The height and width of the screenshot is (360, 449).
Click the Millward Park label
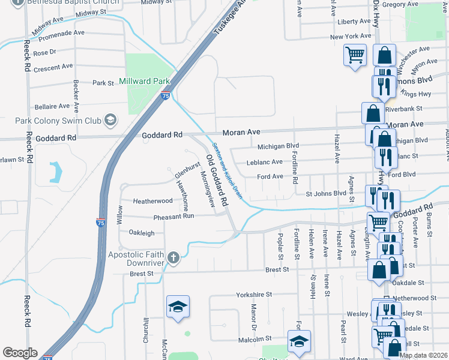pyautogui.click(x=145, y=81)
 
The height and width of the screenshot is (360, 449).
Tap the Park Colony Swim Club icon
pyautogui.click(x=110, y=121)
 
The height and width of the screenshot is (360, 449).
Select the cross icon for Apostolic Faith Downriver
pyautogui.click(x=173, y=258)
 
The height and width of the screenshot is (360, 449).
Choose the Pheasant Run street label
pyautogui.click(x=173, y=216)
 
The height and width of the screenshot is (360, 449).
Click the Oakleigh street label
pyautogui.click(x=142, y=233)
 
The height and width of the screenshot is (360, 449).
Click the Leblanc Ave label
pyautogui.click(x=265, y=162)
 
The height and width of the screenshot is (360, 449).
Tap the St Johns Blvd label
pyautogui.click(x=326, y=194)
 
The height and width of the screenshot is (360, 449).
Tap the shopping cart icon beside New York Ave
pyautogui.click(x=355, y=55)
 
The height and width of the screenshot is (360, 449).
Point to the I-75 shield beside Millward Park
pyautogui.click(x=165, y=95)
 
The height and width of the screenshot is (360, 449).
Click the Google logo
pyautogui.click(x=20, y=353)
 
